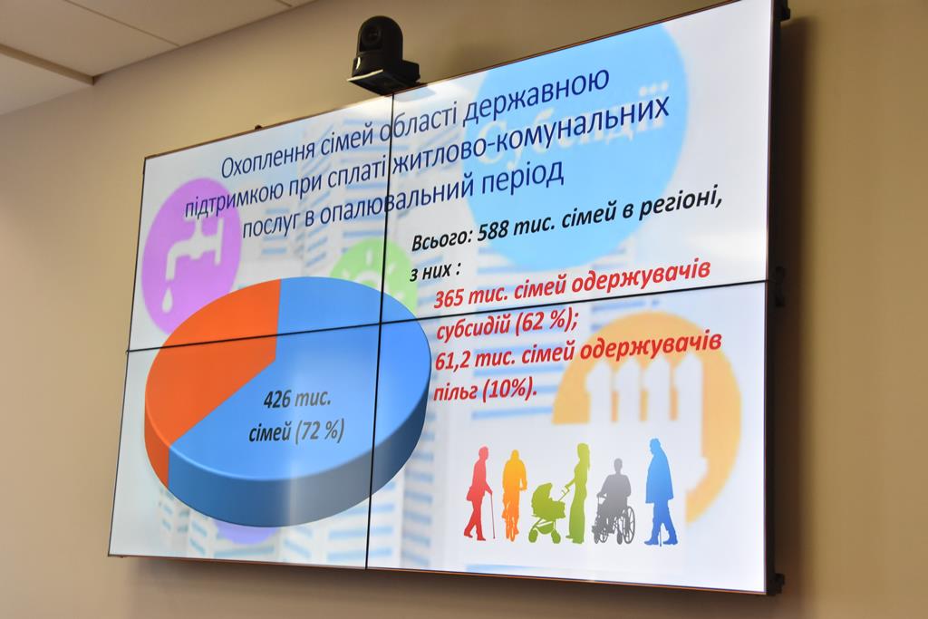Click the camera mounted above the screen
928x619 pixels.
tap(382, 54)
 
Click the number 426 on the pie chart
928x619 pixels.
tap(278, 401)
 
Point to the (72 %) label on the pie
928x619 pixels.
tap(320, 430)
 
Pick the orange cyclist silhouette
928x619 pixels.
tap(514, 495)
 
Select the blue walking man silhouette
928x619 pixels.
tap(661, 490)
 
